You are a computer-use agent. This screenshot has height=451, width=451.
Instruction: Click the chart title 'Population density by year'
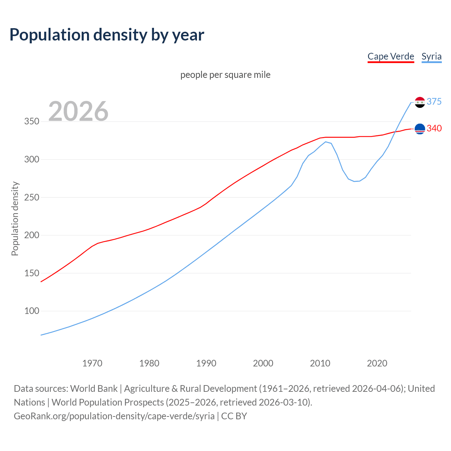pos(107,35)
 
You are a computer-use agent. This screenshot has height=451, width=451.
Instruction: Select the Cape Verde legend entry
pos(391,56)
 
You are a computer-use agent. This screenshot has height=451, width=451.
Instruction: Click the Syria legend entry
pos(431,56)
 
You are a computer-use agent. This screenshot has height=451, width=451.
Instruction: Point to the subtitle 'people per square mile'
pos(225,75)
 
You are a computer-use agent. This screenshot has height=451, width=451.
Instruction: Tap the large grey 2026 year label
pos(78,111)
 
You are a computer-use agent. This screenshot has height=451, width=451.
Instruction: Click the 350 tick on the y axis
pos(31,122)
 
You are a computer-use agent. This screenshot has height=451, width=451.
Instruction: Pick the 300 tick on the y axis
pos(31,159)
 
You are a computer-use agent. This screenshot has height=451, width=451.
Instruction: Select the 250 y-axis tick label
pos(31,197)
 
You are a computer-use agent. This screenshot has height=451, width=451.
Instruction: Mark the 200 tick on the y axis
pos(31,235)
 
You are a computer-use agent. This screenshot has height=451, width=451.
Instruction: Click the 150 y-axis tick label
pos(31,273)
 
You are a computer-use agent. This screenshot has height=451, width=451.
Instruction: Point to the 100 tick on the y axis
pos(31,311)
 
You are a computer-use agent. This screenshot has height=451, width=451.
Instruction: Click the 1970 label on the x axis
pos(92,363)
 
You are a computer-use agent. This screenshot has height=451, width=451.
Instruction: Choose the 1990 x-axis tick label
pos(206,363)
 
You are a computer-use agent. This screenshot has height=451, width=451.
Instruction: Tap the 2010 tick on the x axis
pos(320,363)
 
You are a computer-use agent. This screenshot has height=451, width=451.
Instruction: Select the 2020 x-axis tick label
pos(377,363)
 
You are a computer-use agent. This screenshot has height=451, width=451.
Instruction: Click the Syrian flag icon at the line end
pos(420,102)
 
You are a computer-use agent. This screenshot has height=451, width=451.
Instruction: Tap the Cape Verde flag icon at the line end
pos(420,129)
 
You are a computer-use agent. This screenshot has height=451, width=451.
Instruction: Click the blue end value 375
pos(434,101)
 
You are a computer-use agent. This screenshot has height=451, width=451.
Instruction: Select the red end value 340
pos(434,128)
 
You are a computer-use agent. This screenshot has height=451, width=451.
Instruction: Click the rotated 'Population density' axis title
pos(15,218)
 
